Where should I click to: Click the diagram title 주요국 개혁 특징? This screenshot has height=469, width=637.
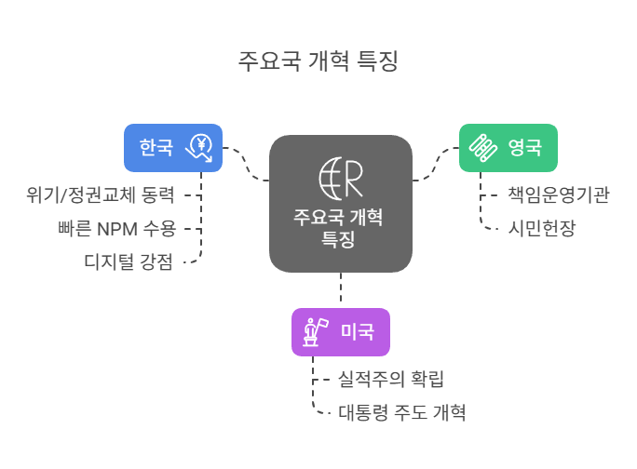tap(318, 62)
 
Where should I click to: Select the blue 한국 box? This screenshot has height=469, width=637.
tap(173, 147)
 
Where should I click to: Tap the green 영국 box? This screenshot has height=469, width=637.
tap(508, 147)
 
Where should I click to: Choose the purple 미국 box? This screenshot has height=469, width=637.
tap(341, 331)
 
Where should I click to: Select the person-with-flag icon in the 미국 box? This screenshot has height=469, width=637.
tap(312, 331)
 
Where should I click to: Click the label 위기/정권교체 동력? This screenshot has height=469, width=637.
tap(101, 195)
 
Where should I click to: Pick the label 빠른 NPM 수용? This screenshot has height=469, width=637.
tap(115, 228)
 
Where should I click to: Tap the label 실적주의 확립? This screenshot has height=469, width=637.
tap(390, 379)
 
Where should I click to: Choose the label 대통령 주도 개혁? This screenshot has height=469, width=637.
tap(401, 411)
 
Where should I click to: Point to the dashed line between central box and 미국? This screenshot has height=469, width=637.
tap(341, 288)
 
